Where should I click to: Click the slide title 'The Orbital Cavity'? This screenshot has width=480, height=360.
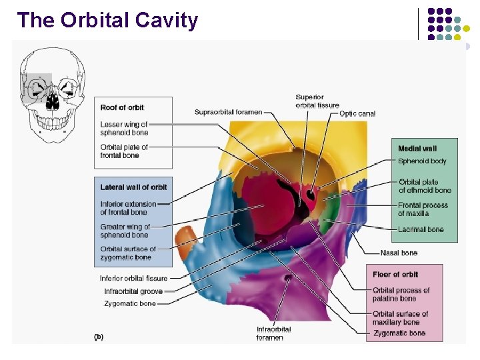108,20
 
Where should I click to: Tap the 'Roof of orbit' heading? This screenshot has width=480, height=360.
122,107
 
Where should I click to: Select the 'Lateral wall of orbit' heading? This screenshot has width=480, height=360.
133,187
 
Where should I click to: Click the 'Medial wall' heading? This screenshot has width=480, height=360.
417,148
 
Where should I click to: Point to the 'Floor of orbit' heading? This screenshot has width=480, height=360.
395,275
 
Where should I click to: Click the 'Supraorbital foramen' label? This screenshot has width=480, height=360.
228,112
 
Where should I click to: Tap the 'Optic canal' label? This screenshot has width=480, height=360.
357,113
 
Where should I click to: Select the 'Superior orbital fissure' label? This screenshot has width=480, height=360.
317,101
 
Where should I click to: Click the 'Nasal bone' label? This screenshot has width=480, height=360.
399,253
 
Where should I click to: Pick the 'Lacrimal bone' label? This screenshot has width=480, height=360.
421,229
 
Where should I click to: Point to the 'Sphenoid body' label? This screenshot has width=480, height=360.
422,161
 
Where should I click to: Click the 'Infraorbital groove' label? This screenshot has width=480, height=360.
133,291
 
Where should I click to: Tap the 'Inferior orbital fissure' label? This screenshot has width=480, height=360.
133,278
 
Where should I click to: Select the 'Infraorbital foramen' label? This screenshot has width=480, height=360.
273,333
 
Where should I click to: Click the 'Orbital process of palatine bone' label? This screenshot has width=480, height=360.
401,295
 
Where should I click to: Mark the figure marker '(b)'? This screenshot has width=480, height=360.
98,337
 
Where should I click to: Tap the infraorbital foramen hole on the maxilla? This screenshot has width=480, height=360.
287,278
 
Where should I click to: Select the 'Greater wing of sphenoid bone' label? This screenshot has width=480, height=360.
125,231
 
